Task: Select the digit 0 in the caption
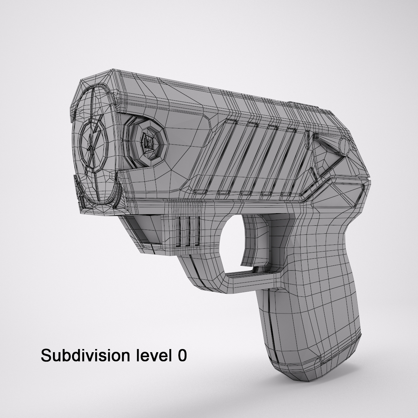181,356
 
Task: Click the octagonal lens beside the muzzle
149,143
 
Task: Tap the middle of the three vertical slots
188,232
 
